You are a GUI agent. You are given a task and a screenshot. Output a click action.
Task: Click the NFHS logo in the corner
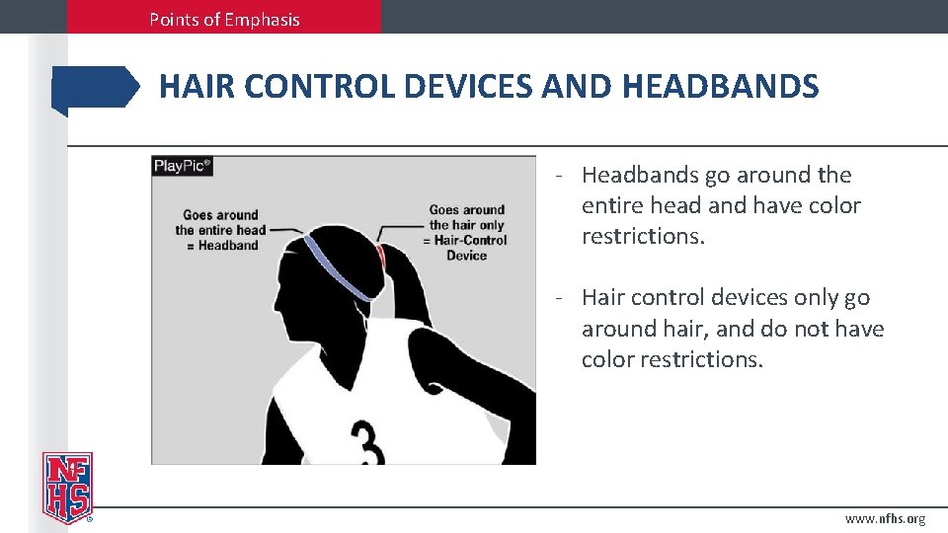tap(67, 488)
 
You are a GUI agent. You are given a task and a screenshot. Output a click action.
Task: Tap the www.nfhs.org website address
tap(885, 519)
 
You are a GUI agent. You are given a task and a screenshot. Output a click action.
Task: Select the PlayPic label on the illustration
tap(183, 166)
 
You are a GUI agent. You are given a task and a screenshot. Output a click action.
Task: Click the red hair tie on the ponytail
tap(379, 256)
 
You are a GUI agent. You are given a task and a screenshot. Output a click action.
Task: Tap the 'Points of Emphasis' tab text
tap(224, 19)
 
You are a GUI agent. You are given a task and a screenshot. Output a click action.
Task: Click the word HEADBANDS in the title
tap(720, 87)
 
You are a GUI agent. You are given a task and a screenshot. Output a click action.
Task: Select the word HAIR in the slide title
tap(197, 87)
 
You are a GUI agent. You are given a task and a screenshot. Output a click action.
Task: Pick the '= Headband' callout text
tap(224, 246)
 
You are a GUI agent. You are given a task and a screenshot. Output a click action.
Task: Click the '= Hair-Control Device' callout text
tap(467, 247)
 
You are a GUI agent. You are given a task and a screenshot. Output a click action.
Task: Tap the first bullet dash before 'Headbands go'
tap(559, 176)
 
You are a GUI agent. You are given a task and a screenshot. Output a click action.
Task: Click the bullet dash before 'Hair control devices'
tap(559, 298)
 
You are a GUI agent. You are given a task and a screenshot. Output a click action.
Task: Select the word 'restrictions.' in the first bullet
tap(643, 237)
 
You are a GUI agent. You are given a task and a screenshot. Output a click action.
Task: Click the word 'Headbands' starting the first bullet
tap(640, 175)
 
